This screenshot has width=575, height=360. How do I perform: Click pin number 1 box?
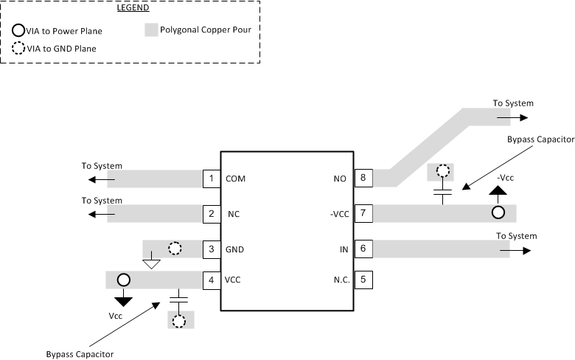pos(212,179)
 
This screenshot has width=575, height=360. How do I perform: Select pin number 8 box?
pos(363,178)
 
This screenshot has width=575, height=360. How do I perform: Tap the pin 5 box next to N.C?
pos(363,280)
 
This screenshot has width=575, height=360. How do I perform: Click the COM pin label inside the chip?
pos(235,179)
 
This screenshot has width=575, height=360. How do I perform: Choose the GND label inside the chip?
pos(235,249)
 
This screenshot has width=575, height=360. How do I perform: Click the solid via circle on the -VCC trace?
pos(498,213)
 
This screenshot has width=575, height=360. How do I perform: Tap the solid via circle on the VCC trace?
pos(123,280)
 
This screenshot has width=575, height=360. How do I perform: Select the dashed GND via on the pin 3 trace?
pos(175,249)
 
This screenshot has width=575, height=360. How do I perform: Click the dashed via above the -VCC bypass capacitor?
pos(442,172)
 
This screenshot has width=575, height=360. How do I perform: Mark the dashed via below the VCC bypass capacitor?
pos(178,320)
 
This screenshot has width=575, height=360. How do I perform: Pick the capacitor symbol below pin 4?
pos(178,299)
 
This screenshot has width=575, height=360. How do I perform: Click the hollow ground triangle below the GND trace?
pos(151,262)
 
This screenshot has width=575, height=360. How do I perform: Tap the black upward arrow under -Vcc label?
pos(498,192)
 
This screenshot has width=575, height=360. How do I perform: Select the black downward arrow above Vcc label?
pos(123,300)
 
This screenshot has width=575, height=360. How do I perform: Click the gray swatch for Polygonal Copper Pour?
pos(151,31)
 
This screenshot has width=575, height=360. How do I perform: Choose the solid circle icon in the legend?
pos(18,31)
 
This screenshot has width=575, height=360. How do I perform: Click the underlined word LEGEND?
pos(133,9)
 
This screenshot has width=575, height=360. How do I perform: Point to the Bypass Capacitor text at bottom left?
pos(80,354)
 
